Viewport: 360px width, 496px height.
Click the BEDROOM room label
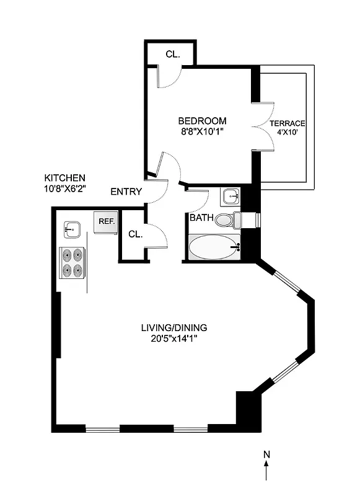tap(202, 120)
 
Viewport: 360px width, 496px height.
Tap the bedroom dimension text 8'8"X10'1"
tap(202, 131)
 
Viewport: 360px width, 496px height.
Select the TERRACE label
tap(288, 123)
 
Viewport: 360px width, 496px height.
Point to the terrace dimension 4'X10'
tap(288, 133)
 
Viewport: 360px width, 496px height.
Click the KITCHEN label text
tap(64, 177)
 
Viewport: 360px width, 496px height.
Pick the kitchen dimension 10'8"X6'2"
tap(64, 188)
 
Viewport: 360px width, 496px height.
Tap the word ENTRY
tap(126, 192)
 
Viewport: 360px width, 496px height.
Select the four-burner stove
tap(72, 263)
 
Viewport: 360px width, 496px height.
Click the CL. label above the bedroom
tap(172, 54)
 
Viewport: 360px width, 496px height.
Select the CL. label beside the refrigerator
tap(135, 234)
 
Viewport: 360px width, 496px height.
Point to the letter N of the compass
tap(266, 454)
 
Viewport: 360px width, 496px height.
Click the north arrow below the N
tap(266, 471)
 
